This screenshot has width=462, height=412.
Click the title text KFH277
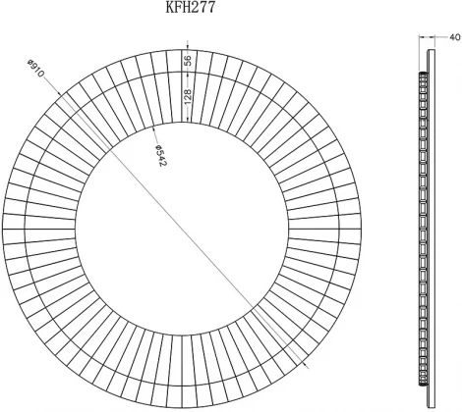(x=191, y=7)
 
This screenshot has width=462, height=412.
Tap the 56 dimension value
(x=188, y=61)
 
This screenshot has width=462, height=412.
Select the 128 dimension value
(x=188, y=97)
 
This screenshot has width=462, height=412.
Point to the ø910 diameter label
(x=35, y=68)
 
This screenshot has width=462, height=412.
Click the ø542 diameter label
(x=160, y=155)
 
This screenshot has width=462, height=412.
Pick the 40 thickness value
(x=455, y=37)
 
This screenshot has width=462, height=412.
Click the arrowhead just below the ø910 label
(x=59, y=93)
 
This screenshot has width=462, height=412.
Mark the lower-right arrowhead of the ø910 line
(x=305, y=363)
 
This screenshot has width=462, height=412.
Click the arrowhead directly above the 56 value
(x=187, y=48)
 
